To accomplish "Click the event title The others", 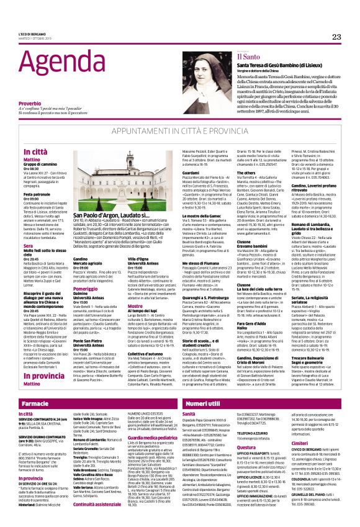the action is pos(247,171).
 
